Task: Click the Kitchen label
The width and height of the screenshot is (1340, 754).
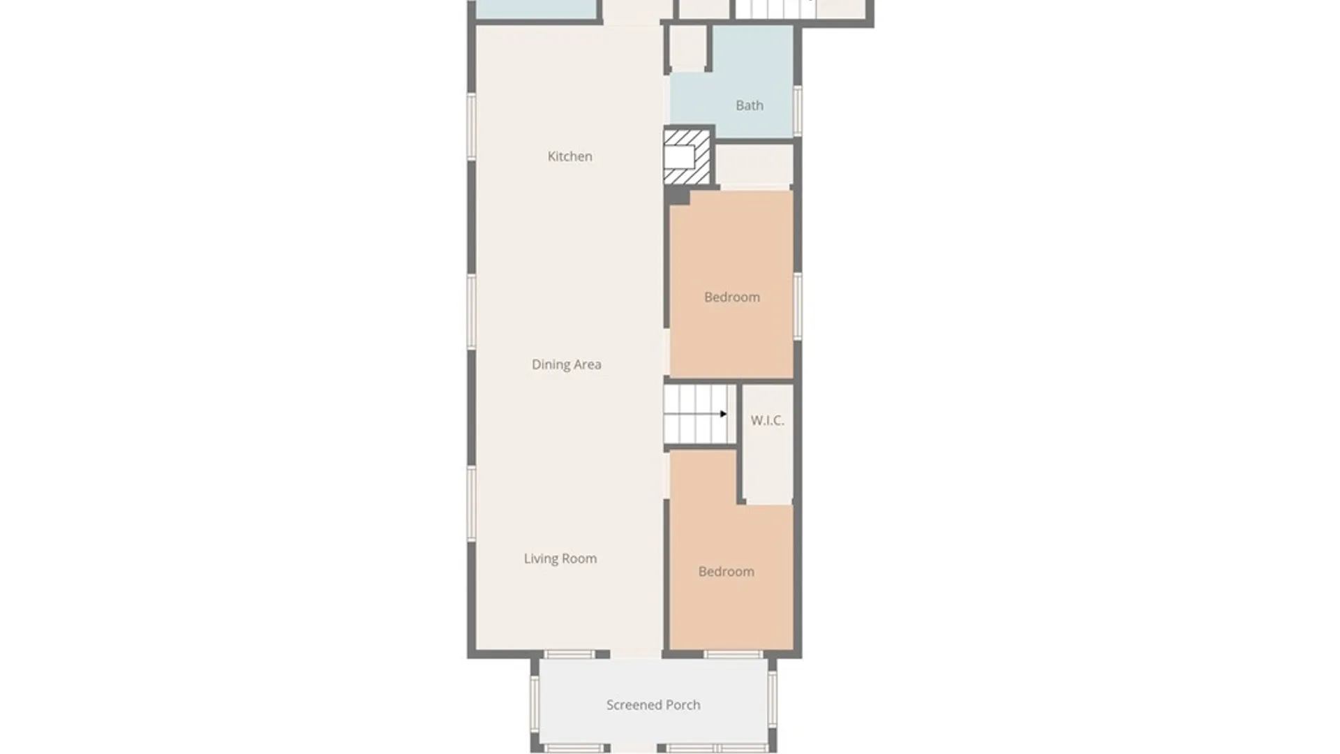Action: pos(569,156)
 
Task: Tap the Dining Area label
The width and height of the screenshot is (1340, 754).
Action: pos(566,364)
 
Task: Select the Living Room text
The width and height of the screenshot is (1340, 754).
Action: pos(560,559)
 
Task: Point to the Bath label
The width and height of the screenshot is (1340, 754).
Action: pos(750,105)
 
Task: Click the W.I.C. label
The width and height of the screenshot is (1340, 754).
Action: pos(767,420)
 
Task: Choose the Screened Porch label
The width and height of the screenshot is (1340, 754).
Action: pos(653,705)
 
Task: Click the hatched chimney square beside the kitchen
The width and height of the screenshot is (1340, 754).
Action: pos(687,156)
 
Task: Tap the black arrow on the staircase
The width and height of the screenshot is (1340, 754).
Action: pos(724,414)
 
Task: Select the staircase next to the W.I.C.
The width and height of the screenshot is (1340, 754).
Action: pos(699,414)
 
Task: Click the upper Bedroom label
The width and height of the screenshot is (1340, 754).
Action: pos(732,297)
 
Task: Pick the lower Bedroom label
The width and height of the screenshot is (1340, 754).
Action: pos(727,572)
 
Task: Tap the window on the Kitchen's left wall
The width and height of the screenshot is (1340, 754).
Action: pos(472,126)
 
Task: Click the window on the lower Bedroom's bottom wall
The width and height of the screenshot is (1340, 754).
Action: pos(733,655)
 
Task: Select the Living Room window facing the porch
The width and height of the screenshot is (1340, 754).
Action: pos(569,655)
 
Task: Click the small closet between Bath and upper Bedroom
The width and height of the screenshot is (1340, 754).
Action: pos(754,165)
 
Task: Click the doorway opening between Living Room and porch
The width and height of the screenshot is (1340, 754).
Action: pos(636,655)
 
